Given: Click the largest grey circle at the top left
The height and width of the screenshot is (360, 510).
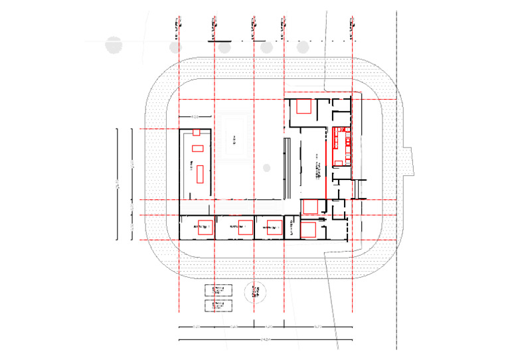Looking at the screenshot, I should point(114,45).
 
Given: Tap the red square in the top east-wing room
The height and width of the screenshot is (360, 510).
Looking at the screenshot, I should point(305,107).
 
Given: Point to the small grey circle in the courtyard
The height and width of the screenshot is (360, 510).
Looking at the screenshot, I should point(266,167).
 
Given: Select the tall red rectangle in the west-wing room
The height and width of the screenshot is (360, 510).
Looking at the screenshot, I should point(199,174).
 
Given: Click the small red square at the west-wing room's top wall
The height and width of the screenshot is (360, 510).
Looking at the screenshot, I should point(196,133).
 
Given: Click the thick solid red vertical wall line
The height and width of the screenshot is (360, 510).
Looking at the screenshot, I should point(326,162).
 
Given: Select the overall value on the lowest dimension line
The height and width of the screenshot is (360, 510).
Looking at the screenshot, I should point(264,341).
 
